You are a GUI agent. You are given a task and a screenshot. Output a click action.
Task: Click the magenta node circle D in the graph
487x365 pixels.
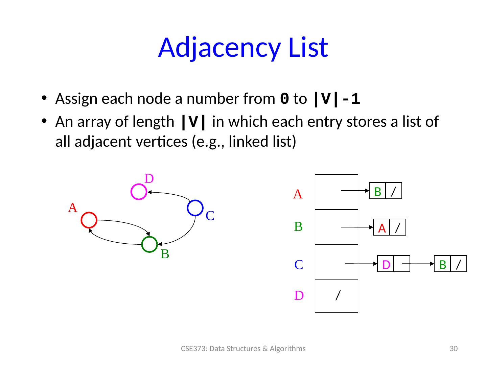pos(139,192)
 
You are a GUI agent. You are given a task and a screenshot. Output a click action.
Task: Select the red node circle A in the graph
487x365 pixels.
pos(89,220)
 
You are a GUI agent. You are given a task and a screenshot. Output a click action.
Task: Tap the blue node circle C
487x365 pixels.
pos(195,208)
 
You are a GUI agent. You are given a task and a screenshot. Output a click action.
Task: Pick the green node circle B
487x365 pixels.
pos(149,245)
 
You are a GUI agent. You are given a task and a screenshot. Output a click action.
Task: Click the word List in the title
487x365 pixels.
pos(307,47)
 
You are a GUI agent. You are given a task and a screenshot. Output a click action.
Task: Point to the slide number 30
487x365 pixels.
pos(453,349)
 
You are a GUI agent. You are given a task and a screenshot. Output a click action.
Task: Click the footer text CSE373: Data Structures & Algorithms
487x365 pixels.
pos(243,349)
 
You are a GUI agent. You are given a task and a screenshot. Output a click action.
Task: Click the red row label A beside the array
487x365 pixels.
pos(298,194)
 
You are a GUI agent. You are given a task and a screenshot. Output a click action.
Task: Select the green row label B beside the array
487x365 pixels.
pos(298,226)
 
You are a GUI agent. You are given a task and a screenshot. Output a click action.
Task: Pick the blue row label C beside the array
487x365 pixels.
pos(298,265)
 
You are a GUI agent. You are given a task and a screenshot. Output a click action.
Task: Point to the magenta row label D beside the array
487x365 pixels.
pos(299,296)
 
